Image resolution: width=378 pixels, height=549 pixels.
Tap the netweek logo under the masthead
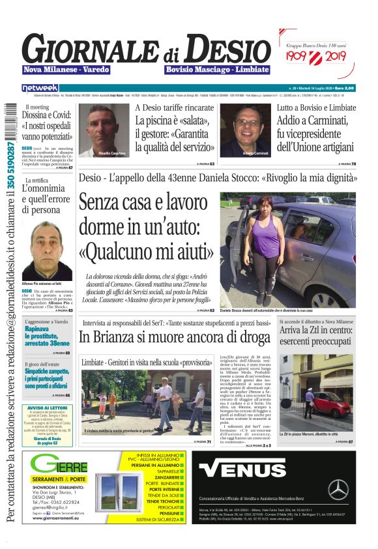coord(40,87)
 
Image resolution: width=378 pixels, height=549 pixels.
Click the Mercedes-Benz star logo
coord(338,489)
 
